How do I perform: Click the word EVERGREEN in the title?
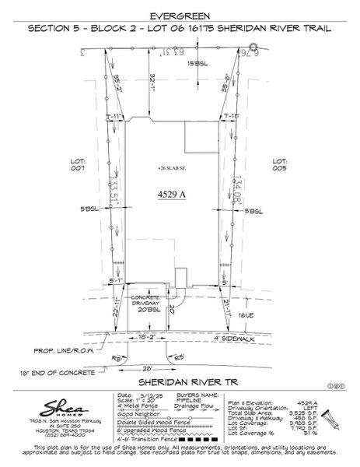tap(180, 14)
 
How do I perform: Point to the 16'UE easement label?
tap(246, 315)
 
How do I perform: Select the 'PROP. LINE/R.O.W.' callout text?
tap(65, 350)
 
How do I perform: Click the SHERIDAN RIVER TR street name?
tap(180, 382)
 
